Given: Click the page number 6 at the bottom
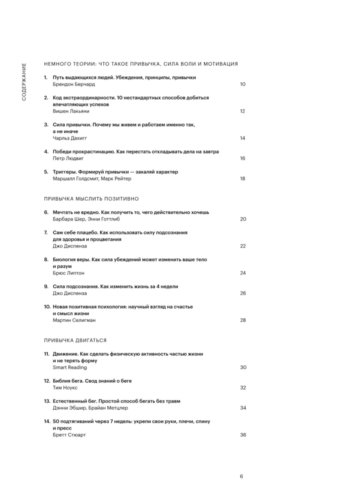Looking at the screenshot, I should click(241, 476).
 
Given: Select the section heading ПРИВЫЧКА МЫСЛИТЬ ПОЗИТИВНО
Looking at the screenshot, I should click(91, 198).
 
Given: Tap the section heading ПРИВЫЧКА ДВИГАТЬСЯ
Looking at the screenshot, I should click(75, 340).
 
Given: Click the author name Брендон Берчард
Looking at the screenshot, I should click(73, 84).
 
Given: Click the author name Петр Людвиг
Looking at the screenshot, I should click(68, 158).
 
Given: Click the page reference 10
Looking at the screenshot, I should click(242, 84).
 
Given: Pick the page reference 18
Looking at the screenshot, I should click(242, 178).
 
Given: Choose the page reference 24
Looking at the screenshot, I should click(242, 273).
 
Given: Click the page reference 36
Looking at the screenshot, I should click(243, 435).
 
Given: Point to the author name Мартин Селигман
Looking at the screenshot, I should click(74, 320).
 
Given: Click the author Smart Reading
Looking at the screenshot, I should click(70, 367).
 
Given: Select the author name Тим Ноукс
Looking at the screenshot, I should click(65, 387).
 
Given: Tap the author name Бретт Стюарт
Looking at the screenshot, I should click(69, 435).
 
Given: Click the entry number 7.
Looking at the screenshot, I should click(45, 232).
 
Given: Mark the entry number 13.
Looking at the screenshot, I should click(46, 401).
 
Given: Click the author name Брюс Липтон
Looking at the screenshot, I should click(68, 273).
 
